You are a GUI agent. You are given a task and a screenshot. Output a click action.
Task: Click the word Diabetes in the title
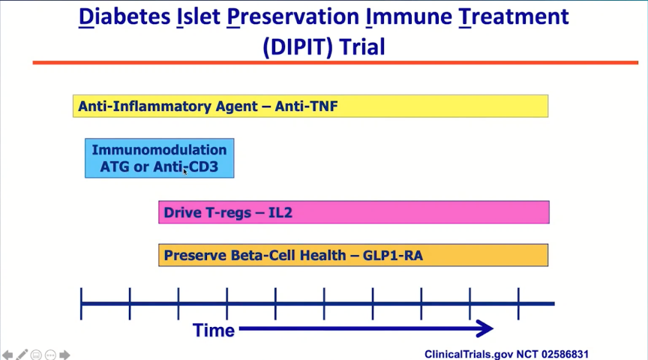pyautogui.click(x=124, y=17)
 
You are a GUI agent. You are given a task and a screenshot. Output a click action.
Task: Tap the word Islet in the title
pyautogui.click(x=198, y=17)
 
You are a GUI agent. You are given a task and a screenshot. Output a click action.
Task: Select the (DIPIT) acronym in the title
pyautogui.click(x=298, y=46)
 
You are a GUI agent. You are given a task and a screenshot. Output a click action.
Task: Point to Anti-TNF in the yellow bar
pyautogui.click(x=306, y=106)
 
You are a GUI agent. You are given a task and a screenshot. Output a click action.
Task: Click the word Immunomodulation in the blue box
pyautogui.click(x=159, y=149)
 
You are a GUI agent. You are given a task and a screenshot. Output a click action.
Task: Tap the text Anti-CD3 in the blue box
pyautogui.click(x=185, y=166)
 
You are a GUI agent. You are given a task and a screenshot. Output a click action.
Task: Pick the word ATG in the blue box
pyautogui.click(x=115, y=166)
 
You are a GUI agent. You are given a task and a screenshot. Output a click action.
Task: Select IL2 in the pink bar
pyautogui.click(x=280, y=212)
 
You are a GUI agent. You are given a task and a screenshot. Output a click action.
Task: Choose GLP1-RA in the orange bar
pyautogui.click(x=392, y=256)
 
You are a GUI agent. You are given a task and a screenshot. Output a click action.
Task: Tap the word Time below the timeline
pyautogui.click(x=214, y=331)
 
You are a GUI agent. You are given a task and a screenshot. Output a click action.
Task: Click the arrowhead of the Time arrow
pyautogui.click(x=485, y=328)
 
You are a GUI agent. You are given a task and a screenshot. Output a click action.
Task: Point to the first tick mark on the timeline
pyautogui.click(x=81, y=304)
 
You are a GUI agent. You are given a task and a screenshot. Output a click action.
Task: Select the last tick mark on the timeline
pyautogui.click(x=518, y=304)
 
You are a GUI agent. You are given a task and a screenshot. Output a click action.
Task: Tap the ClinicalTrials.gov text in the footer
pyautogui.click(x=469, y=354)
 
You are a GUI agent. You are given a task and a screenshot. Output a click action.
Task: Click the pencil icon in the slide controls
pyautogui.click(x=22, y=355)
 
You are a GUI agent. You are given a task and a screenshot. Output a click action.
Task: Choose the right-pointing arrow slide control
pyautogui.click(x=64, y=355)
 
